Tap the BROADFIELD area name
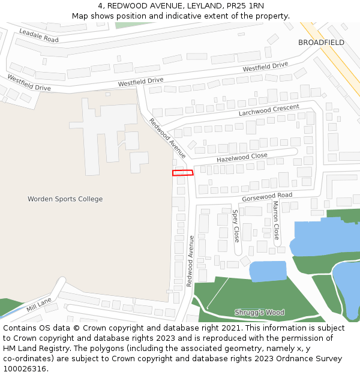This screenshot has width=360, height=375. point(321,43)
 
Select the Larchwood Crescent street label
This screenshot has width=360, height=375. point(268,110)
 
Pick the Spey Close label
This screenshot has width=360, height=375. point(236,226)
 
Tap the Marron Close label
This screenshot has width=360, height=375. point(276,220)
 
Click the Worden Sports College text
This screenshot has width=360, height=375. point(65,199)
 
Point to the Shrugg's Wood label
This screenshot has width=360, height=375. point(259,313)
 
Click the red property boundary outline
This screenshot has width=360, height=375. point(183,173)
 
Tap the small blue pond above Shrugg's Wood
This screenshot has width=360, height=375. point(268,271)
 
